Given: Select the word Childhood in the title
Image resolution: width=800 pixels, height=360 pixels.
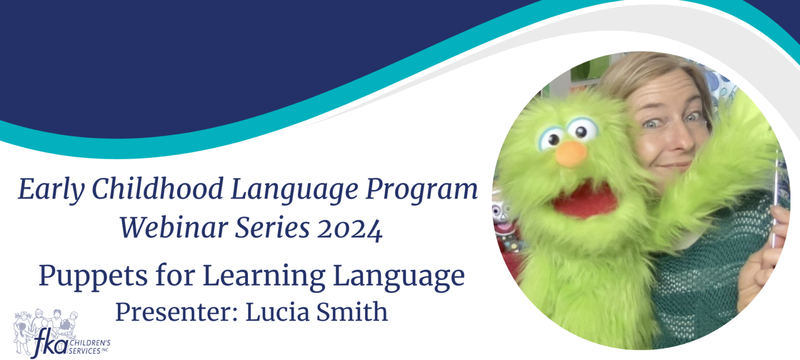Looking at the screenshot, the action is pyautogui.click(x=157, y=188).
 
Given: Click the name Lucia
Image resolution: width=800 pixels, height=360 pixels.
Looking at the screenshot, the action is pyautogui.click(x=277, y=311).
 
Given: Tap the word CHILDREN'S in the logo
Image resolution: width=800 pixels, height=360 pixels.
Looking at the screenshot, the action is pyautogui.click(x=90, y=343).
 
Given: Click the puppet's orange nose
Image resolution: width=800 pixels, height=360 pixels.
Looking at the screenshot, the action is pyautogui.click(x=571, y=154).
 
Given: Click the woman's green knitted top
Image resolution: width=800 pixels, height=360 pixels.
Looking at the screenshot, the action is pyautogui.click(x=710, y=271).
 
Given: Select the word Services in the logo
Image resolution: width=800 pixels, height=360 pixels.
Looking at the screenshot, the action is pyautogui.click(x=84, y=351).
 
